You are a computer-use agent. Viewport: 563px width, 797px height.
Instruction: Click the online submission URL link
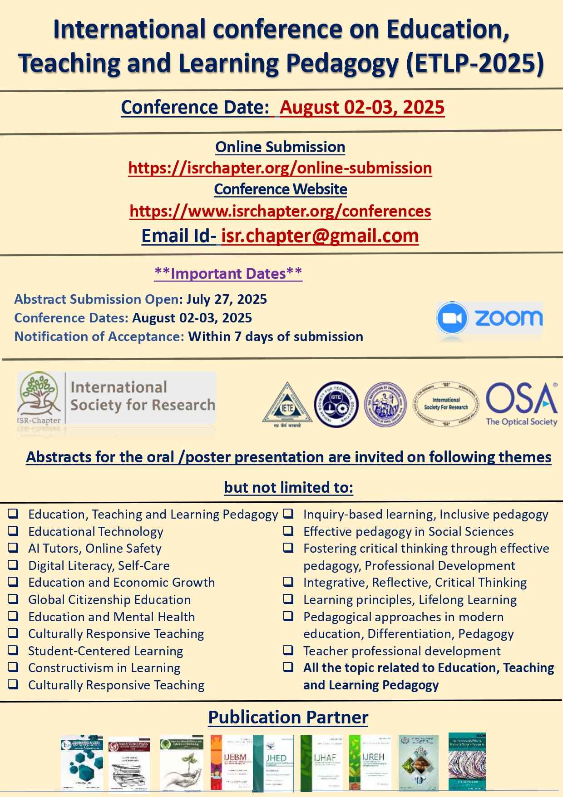click(280, 168)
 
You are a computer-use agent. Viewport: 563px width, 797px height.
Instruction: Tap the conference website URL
click(280, 211)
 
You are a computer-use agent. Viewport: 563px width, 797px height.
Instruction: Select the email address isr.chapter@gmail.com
click(320, 236)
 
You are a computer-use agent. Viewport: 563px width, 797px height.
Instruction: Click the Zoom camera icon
click(451, 318)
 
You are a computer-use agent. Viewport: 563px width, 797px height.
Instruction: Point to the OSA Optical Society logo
click(521, 404)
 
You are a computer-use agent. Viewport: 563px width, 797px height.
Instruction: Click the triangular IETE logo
click(287, 403)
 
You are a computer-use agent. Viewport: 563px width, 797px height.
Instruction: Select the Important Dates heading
click(228, 273)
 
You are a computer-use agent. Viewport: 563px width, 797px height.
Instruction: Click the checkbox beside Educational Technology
click(13, 531)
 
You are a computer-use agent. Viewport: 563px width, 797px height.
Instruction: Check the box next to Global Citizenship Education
click(13, 599)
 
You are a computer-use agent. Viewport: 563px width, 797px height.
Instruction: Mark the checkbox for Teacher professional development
click(288, 650)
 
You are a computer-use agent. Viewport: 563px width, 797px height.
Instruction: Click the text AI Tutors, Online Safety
click(94, 549)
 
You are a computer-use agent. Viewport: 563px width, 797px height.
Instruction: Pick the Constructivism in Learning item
click(104, 668)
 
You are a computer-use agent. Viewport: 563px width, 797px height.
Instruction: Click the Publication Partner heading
click(288, 718)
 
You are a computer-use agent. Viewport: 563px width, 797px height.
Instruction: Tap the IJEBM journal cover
click(231, 762)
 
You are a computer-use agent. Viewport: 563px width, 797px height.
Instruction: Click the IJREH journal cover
click(370, 762)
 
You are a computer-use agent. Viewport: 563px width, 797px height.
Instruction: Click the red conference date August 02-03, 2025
click(362, 108)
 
